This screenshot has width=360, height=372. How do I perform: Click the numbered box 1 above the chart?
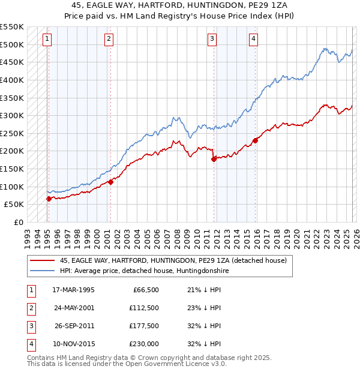point(47,39)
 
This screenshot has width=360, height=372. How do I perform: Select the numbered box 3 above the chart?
point(212,39)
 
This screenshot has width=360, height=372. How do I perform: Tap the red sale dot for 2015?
point(256,140)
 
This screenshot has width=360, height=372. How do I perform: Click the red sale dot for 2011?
point(214,159)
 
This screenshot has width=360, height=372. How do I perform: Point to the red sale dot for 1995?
point(49,199)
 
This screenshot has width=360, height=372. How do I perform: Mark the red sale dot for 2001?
point(110,182)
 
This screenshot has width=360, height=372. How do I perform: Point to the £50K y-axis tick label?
point(14,205)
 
